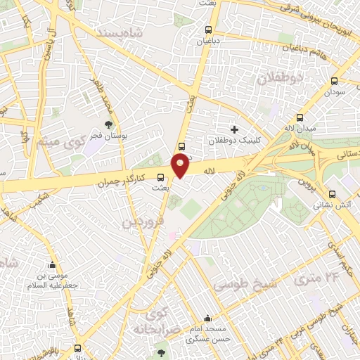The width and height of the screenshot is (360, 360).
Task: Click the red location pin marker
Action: (181, 166)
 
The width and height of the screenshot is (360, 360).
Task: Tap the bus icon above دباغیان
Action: (207, 30)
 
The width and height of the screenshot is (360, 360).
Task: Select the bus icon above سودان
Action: (334, 80)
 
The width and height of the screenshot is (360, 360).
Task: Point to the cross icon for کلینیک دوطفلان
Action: (234, 129)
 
